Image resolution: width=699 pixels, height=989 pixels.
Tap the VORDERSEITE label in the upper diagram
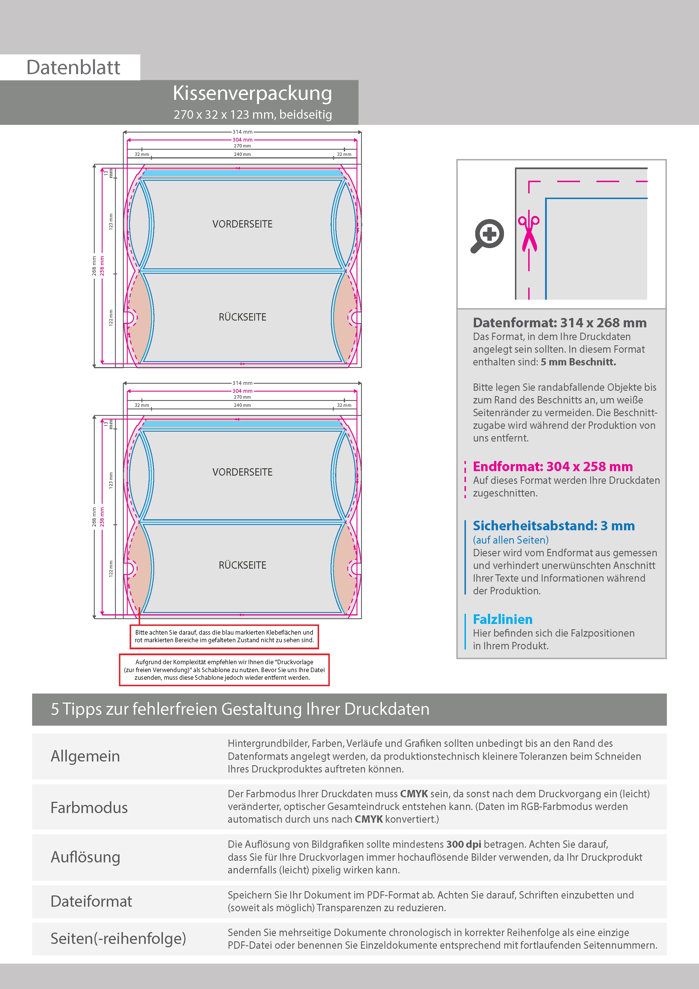pyautogui.click(x=242, y=224)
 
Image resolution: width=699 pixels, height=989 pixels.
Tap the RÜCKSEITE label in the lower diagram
pyautogui.click(x=242, y=565)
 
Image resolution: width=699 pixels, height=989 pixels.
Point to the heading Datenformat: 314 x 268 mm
pyautogui.click(x=559, y=323)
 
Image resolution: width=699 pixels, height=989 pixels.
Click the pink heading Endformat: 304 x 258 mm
pyautogui.click(x=552, y=467)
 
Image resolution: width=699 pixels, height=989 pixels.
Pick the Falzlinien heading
pyautogui.click(x=503, y=619)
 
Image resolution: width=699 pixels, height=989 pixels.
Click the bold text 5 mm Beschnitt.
pyautogui.click(x=578, y=362)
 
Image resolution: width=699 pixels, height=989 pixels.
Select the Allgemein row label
pyautogui.click(x=85, y=756)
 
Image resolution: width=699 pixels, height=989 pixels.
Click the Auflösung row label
pyautogui.click(x=85, y=857)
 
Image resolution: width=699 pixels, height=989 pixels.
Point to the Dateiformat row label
pyautogui.click(x=91, y=901)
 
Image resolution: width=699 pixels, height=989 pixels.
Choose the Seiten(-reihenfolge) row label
pyautogui.click(x=118, y=938)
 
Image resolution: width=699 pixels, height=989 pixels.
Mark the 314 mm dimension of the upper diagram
pyautogui.click(x=242, y=132)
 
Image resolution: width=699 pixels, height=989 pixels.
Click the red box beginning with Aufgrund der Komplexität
pyautogui.click(x=224, y=670)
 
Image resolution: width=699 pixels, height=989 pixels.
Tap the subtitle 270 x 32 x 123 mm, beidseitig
pyautogui.click(x=253, y=114)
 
